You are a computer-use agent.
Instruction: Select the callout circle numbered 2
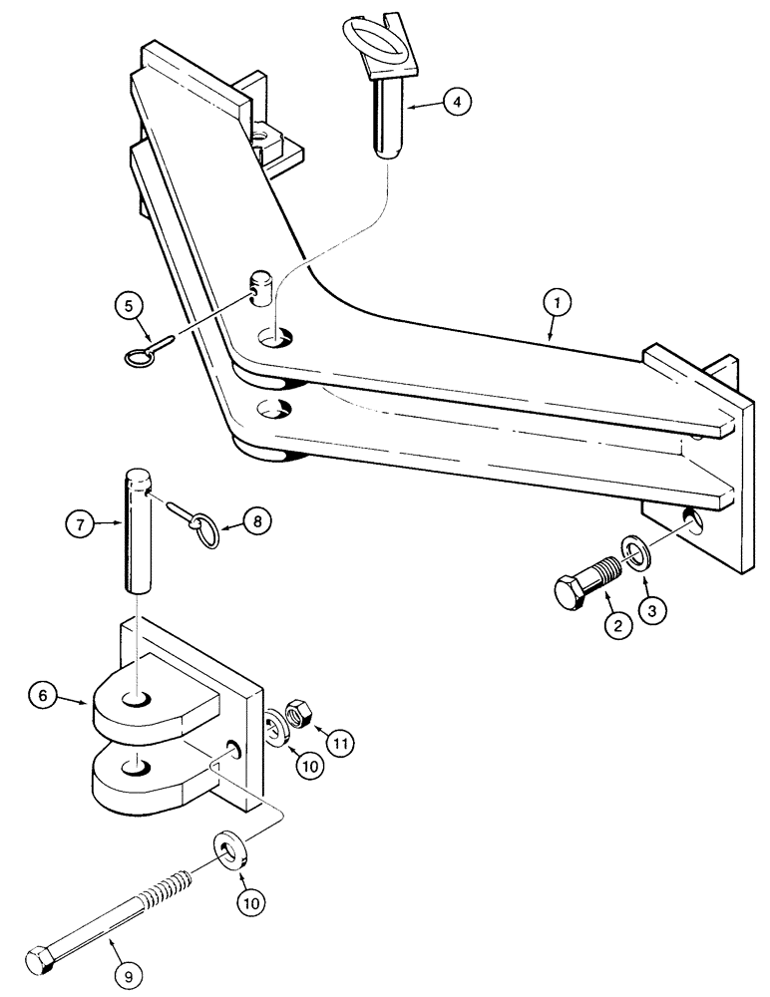[x=615, y=627]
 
